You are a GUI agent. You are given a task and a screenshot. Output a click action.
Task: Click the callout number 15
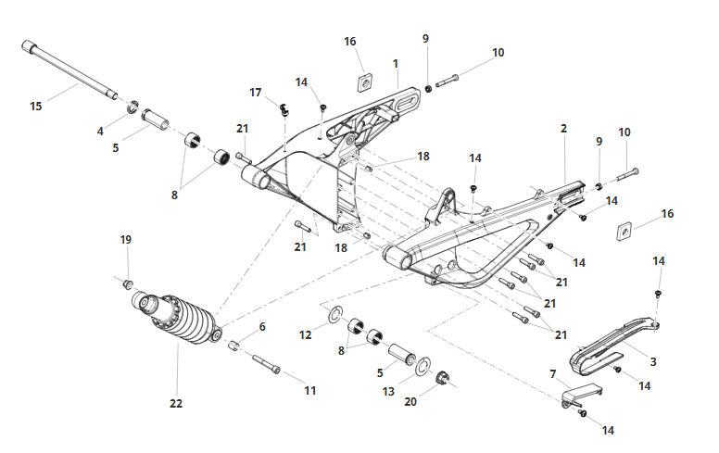coord(36,107)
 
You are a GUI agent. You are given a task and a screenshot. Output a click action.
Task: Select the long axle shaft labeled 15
coord(69,69)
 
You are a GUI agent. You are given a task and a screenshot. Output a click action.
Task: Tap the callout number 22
coord(176,404)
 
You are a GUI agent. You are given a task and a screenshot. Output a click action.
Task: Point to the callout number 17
coord(256,93)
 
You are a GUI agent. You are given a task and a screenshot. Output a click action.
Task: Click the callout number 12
coord(306,335)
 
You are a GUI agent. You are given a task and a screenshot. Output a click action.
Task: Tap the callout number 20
coord(410,402)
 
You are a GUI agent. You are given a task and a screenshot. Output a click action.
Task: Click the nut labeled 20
coord(442,378)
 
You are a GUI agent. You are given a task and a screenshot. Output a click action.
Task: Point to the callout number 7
coord(553,374)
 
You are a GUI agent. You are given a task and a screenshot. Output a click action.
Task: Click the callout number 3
coord(653,362)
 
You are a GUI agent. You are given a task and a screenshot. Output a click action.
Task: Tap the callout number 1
coord(396,64)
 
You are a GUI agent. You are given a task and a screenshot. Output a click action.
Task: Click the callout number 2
coord(564,129)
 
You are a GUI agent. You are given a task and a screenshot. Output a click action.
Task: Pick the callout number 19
coord(126,240)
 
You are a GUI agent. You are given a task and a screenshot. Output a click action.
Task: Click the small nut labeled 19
coord(128,284)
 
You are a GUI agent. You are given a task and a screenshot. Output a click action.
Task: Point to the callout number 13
coord(388,392)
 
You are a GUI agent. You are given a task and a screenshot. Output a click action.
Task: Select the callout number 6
coord(262,327)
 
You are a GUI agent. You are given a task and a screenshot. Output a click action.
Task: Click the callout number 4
coord(100,132)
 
